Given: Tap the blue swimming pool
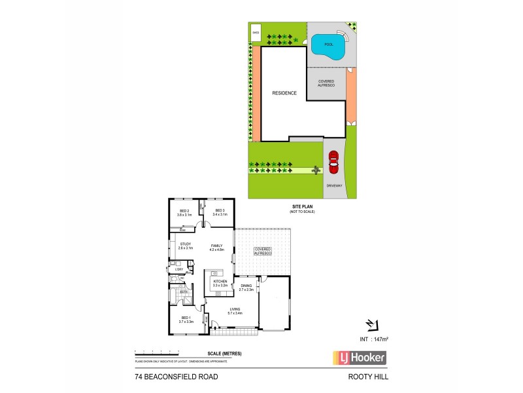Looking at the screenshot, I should coord(328,46).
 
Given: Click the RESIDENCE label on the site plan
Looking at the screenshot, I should coord(284,93).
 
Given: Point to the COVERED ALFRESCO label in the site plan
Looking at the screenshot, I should coord(326,83).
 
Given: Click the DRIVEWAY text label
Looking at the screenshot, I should coord(333,186).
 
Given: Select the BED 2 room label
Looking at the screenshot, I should coord(184,210).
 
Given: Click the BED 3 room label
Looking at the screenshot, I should coord(220,210).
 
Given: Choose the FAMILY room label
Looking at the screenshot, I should coord(216,246).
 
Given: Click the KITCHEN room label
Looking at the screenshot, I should coord(220,282).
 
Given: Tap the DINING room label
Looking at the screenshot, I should coord(246,286).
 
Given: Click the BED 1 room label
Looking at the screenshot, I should coord(185,318).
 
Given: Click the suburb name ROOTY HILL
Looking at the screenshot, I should coord(368,378).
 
